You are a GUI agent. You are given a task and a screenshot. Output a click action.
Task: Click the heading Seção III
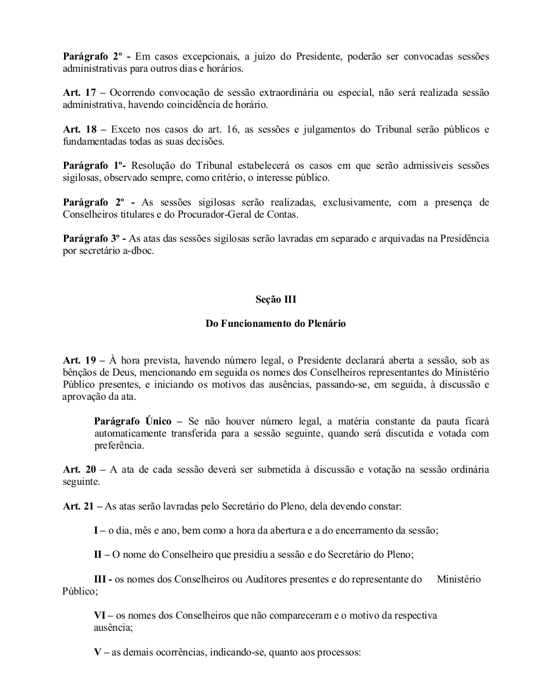tap(276, 299)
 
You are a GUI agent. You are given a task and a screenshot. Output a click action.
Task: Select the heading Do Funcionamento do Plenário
tap(276, 323)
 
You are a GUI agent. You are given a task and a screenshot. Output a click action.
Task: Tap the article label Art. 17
tap(77, 93)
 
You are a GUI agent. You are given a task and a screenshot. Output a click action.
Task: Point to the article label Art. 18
tap(77, 129)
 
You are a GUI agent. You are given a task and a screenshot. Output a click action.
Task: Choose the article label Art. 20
tap(77, 469)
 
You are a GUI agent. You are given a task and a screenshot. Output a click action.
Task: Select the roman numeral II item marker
tap(98, 554)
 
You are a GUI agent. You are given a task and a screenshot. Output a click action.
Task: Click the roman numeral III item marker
tap(100, 579)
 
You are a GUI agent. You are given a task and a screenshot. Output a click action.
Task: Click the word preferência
tap(119, 445)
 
